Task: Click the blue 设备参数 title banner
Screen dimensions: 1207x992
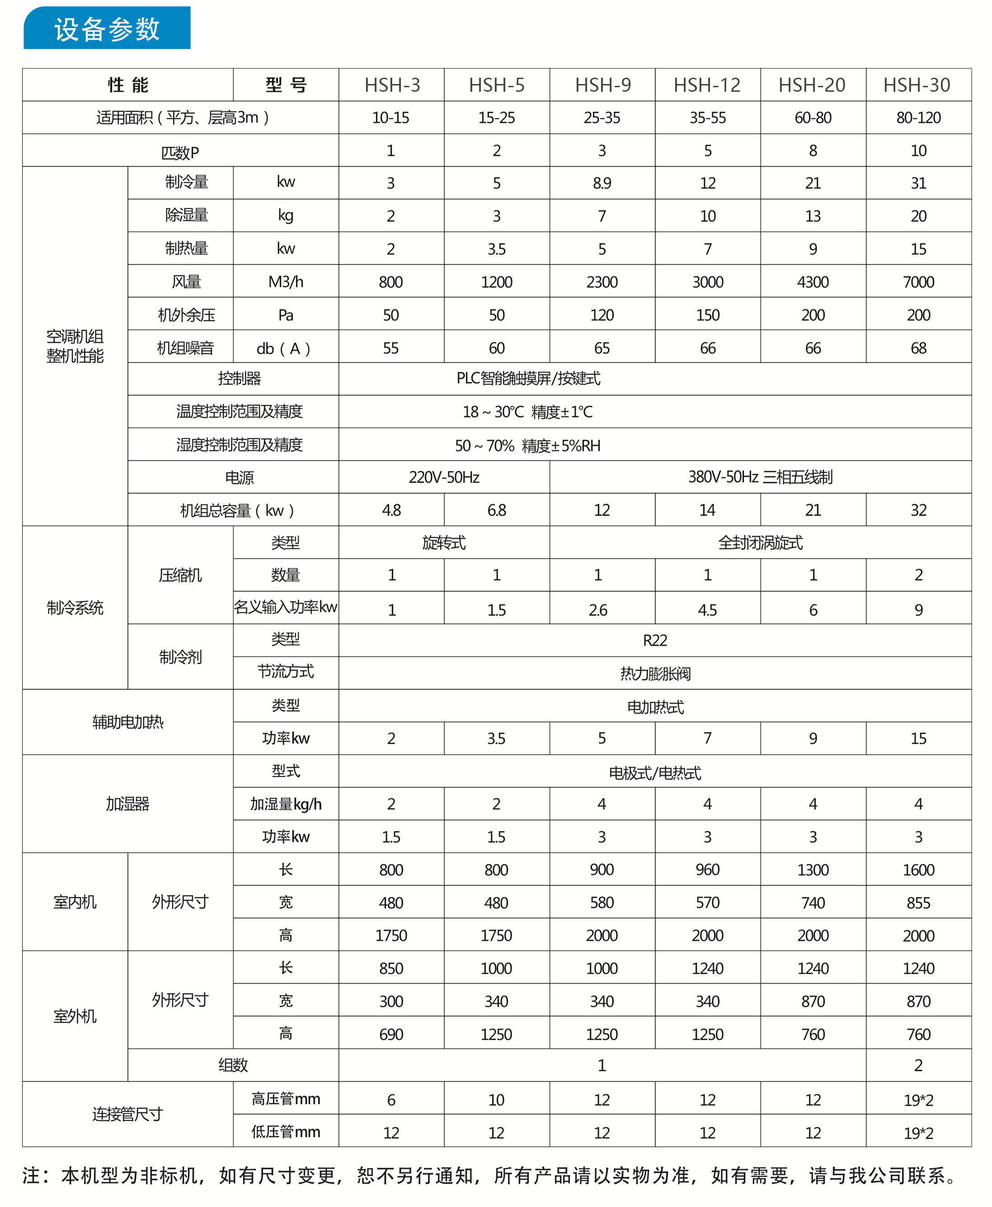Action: click(107, 28)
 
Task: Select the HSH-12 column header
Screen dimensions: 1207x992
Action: click(707, 85)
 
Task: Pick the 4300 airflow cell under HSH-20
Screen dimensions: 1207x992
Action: click(813, 282)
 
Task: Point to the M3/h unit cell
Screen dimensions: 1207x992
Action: click(286, 282)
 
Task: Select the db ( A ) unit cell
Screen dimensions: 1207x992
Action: click(284, 348)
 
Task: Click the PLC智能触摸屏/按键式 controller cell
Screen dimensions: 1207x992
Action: click(528, 379)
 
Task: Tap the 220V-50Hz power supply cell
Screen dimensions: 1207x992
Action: click(444, 478)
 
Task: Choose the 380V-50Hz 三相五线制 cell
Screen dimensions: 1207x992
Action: click(760, 478)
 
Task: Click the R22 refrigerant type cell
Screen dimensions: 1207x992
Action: click(655, 641)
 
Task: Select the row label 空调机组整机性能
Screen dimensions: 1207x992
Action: click(75, 346)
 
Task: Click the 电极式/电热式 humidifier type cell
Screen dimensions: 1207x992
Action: click(655, 773)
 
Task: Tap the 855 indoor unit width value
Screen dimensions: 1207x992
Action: click(918, 903)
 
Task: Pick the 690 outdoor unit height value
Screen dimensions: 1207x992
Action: click(391, 1034)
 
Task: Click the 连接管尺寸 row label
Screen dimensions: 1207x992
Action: click(127, 1114)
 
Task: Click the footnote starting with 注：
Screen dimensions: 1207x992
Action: click(489, 1175)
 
